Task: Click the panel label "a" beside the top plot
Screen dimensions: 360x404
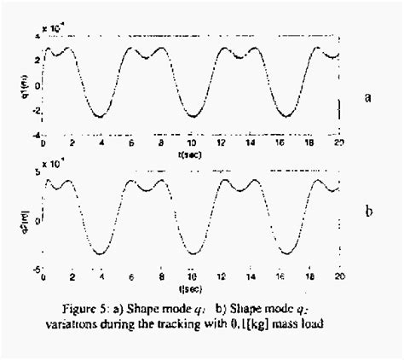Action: [x=368, y=97]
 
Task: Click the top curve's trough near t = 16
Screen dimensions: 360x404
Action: [x=282, y=117]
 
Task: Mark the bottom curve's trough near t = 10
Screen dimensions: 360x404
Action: [x=193, y=253]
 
